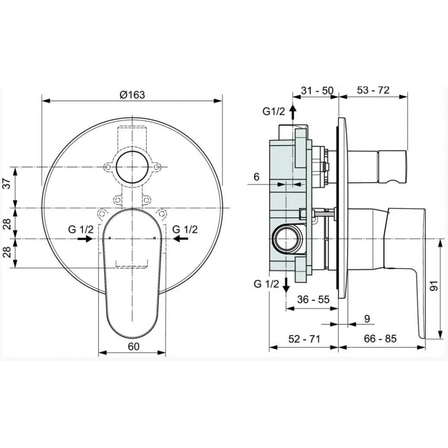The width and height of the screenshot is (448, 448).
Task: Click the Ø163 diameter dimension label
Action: [x=132, y=95]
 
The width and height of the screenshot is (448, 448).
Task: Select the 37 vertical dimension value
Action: [x=8, y=183]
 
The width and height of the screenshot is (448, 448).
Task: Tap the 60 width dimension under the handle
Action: [x=134, y=346]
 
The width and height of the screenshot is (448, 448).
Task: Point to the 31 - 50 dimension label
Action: [x=317, y=90]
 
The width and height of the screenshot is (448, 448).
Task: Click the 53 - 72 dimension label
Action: [x=373, y=90]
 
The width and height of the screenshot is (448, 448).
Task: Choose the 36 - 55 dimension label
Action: [x=314, y=299]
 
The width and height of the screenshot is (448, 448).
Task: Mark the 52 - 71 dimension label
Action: [x=304, y=339]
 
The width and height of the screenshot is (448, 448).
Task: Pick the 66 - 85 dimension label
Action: [x=380, y=339]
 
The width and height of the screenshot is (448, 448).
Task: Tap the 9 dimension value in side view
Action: [x=367, y=318]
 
